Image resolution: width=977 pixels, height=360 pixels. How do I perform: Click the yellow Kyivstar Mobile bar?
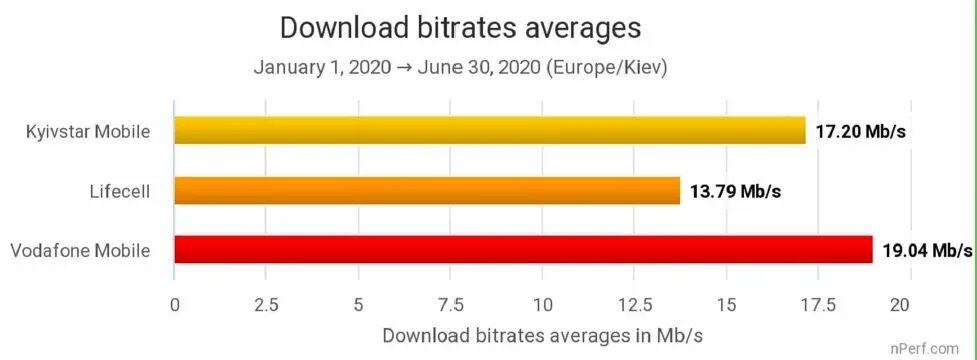point(490,130)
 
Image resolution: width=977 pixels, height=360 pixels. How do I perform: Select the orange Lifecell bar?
point(427,190)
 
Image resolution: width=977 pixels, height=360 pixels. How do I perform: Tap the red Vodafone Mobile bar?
point(523,249)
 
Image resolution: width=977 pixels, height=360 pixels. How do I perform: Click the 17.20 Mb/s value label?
point(861,131)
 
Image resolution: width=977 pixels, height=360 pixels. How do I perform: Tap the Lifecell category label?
point(119,191)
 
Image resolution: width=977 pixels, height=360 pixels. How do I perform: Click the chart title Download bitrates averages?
point(460,27)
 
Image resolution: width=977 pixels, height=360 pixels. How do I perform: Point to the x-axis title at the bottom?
point(542,335)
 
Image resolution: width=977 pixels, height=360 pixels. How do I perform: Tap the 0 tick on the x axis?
point(175,304)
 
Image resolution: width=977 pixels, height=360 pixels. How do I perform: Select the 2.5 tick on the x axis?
point(266,304)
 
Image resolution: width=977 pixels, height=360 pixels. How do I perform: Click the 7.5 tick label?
point(450,304)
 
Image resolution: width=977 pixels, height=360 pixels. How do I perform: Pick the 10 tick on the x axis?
point(543,304)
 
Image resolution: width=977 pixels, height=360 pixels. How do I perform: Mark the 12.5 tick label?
point(635,304)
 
